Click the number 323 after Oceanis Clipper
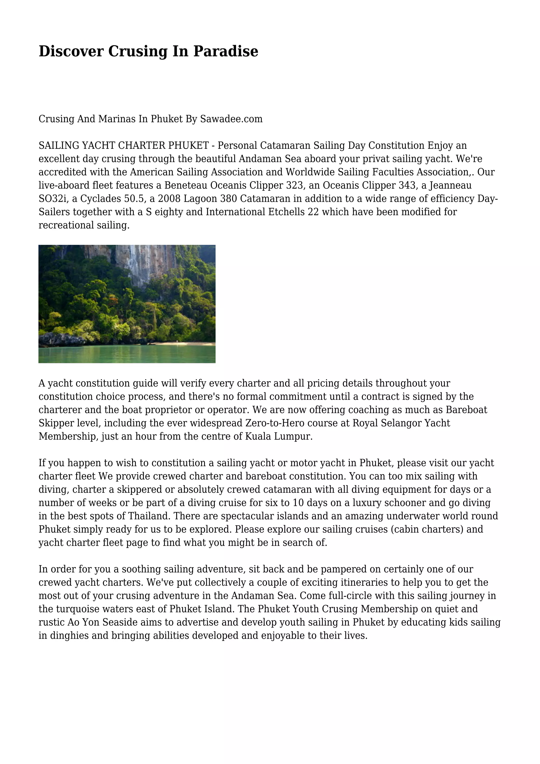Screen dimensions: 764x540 click(296, 185)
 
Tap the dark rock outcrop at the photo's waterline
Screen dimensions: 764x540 click(61, 340)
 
